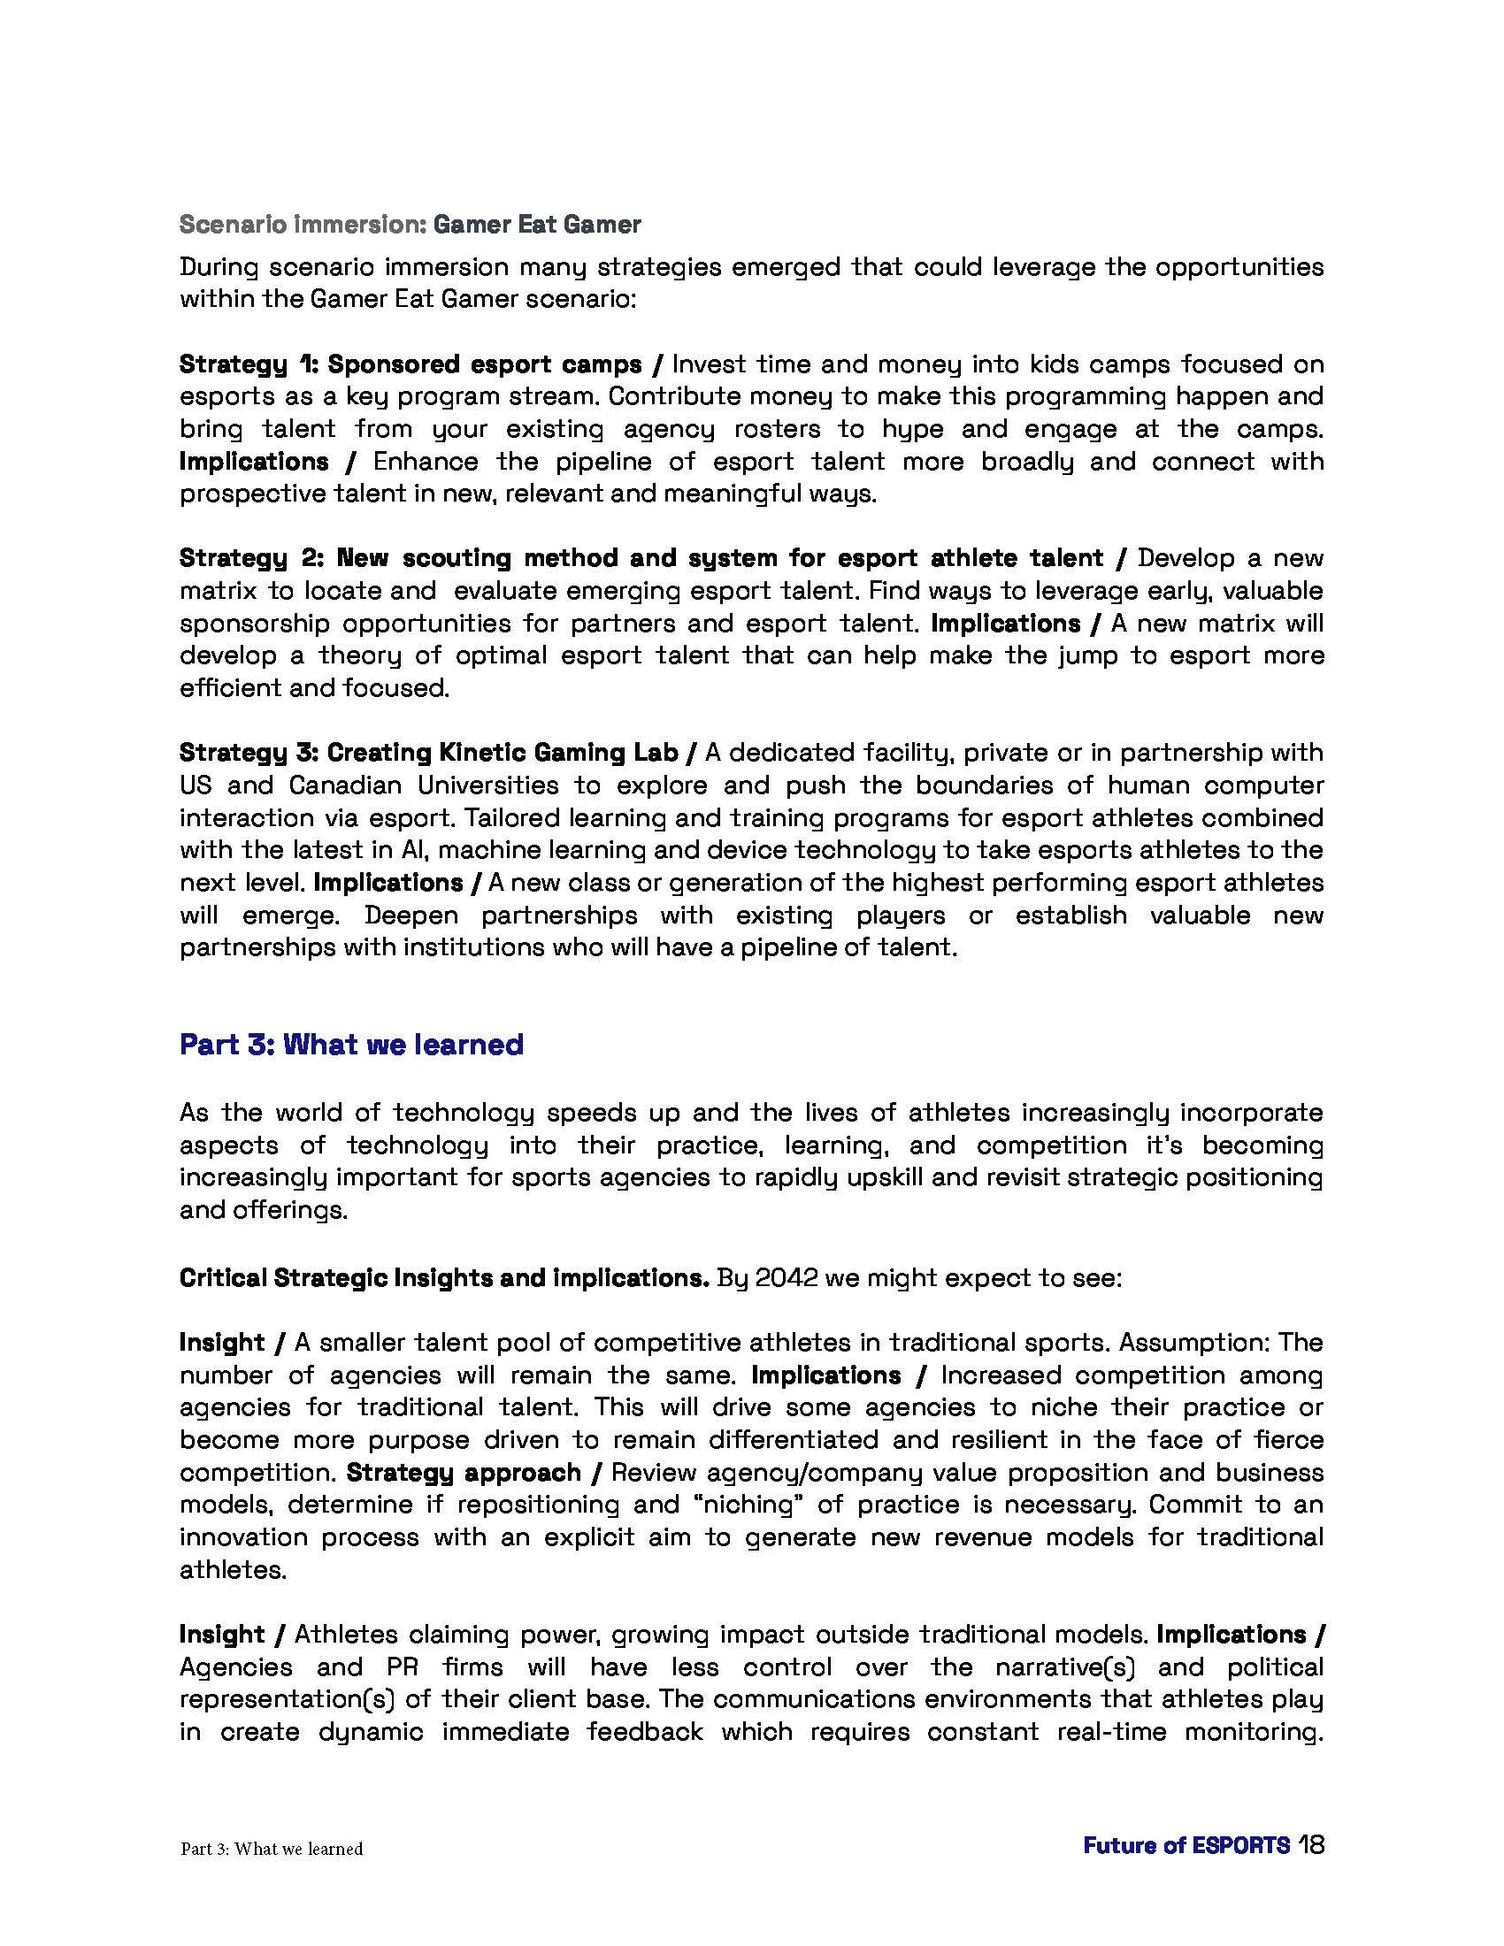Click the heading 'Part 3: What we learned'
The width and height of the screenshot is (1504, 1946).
pyautogui.click(x=351, y=1044)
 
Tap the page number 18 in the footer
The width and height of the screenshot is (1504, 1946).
pyautogui.click(x=1310, y=1844)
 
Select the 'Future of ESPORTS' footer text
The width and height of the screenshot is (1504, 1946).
pyautogui.click(x=1186, y=1845)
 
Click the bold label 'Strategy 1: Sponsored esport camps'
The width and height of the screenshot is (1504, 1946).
pyautogui.click(x=411, y=364)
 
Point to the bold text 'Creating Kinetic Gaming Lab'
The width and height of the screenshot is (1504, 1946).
pyautogui.click(x=503, y=752)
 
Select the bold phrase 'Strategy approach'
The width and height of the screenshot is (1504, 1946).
pyautogui.click(x=464, y=1472)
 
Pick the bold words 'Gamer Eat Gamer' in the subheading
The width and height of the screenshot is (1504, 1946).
pyautogui.click(x=537, y=224)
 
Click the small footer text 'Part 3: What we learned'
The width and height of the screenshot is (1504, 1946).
pyautogui.click(x=272, y=1849)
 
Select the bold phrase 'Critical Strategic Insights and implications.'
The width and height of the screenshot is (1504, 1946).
pyautogui.click(x=444, y=1278)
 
